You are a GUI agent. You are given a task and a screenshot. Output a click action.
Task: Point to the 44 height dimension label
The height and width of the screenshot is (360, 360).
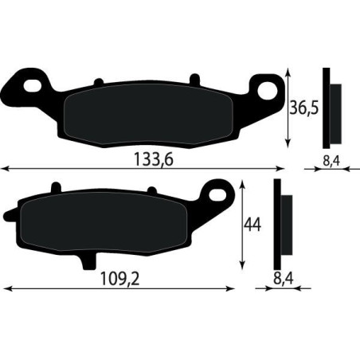coord(252,225)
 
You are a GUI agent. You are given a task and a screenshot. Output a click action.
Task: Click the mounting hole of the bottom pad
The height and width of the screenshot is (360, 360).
coord(216,190)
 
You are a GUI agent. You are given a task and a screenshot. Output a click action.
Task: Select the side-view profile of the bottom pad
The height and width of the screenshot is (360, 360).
coord(280,225)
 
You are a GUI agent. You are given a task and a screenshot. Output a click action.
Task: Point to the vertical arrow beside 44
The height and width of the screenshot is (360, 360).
coord(242,226)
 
